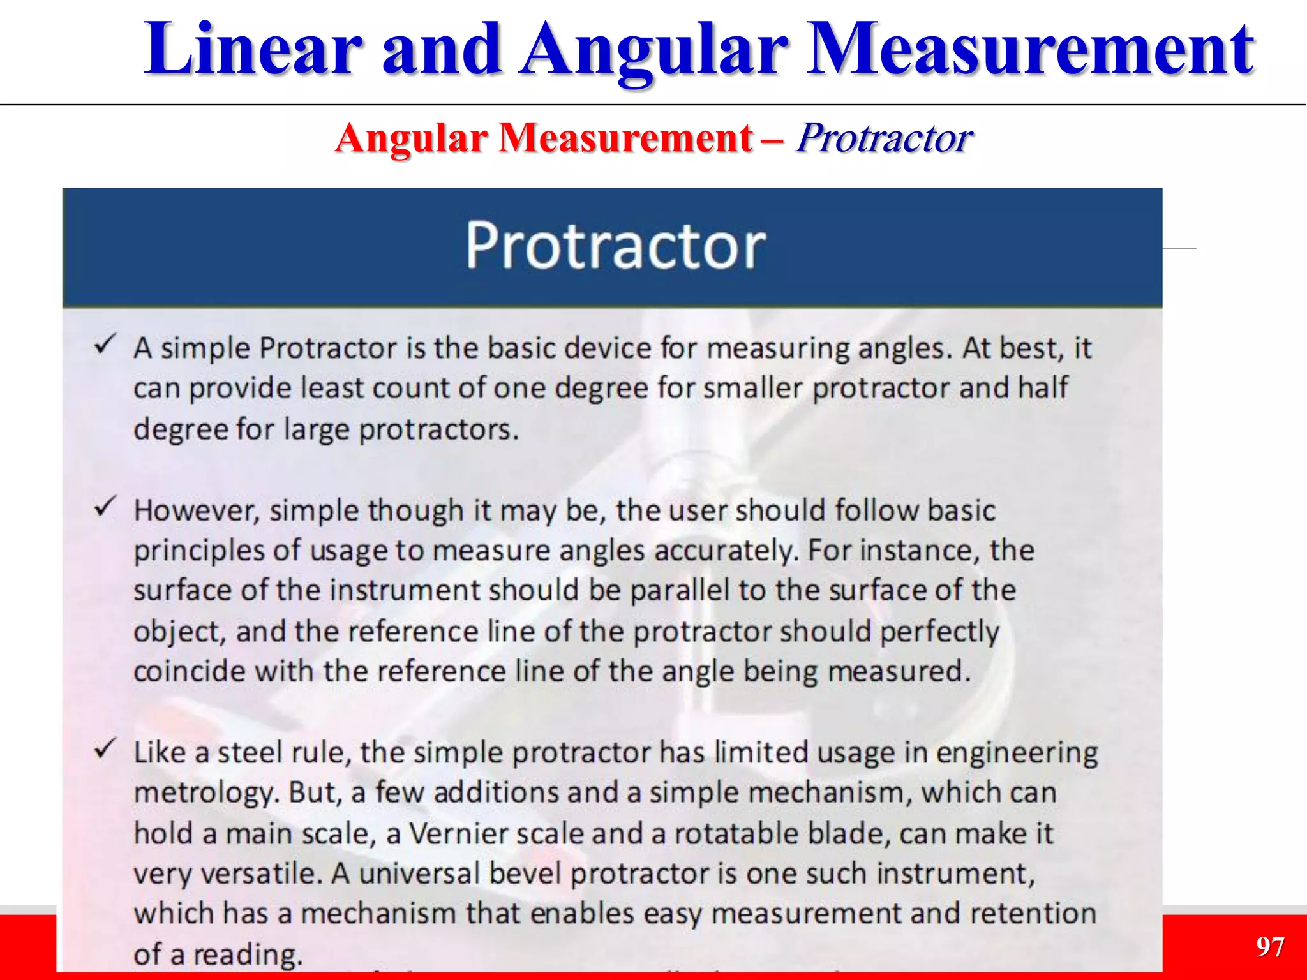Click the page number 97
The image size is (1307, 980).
tap(1269, 947)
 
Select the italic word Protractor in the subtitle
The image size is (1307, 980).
tap(884, 138)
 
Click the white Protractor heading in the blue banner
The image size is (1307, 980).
tap(615, 246)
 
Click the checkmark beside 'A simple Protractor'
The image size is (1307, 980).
tap(105, 345)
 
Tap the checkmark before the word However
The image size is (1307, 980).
tap(105, 507)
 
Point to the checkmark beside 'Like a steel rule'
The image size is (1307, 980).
tap(105, 749)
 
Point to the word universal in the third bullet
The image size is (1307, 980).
tap(419, 874)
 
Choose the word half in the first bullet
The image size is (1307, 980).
tap(1042, 388)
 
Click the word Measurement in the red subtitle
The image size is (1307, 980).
tap(625, 138)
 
